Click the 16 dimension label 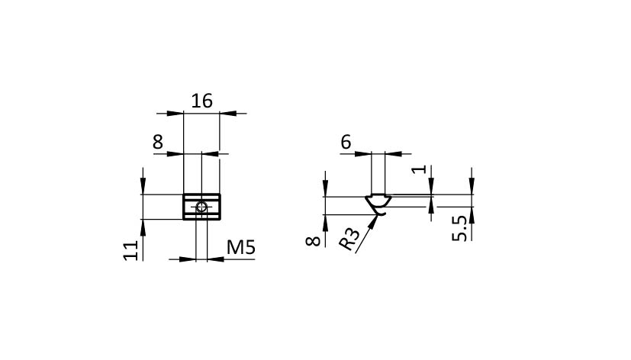tap(201, 101)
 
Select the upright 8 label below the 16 tap(158, 142)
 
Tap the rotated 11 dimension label tap(131, 251)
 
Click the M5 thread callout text tap(240, 247)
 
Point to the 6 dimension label tap(346, 142)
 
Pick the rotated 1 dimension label tap(420, 169)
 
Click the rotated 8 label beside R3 tap(313, 241)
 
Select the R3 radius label tap(349, 239)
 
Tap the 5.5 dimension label tap(459, 229)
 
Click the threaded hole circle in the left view tap(201, 207)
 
